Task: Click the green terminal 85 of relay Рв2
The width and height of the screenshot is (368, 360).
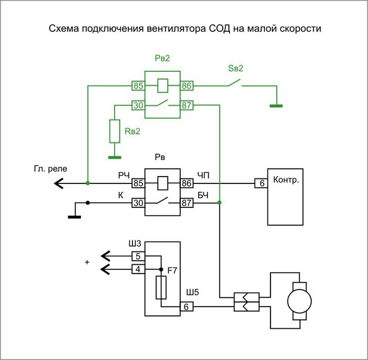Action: click(x=138, y=86)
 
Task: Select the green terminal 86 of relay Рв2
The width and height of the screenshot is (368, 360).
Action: click(x=186, y=86)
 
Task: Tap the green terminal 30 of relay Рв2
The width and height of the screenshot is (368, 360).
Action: click(x=138, y=105)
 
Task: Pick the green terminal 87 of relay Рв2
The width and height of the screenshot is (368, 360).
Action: click(x=186, y=105)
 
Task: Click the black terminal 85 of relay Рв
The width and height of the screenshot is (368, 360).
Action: click(x=138, y=183)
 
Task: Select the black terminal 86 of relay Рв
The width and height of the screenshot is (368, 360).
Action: click(x=186, y=183)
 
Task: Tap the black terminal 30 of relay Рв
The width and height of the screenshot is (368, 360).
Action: click(x=138, y=202)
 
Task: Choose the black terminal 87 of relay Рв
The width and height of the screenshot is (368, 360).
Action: click(x=186, y=202)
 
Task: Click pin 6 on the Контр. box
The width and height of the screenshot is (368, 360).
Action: click(x=261, y=183)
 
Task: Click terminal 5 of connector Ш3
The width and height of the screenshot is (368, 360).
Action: click(x=138, y=256)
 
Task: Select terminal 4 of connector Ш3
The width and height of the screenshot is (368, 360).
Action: click(x=138, y=268)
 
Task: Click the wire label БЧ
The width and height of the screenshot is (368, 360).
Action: click(x=203, y=195)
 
